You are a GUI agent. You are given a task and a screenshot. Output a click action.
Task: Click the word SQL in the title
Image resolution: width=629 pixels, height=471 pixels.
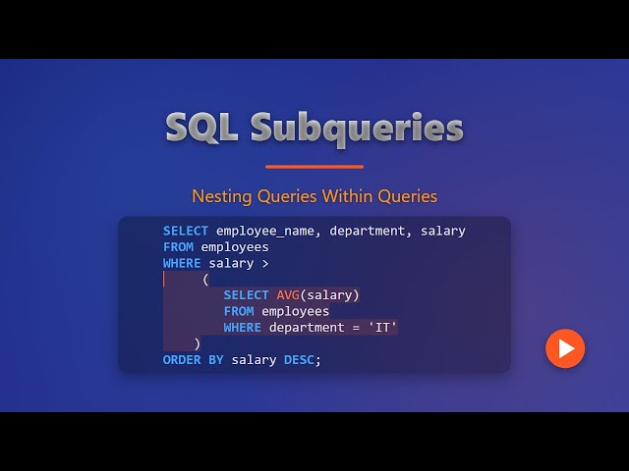[x=201, y=128]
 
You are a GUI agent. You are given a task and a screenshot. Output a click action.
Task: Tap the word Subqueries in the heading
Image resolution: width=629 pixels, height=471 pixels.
[x=356, y=129]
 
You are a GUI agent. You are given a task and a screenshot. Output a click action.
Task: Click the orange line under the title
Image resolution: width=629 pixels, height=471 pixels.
[x=314, y=167]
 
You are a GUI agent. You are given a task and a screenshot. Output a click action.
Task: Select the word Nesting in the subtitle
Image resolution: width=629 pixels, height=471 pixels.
[x=222, y=196]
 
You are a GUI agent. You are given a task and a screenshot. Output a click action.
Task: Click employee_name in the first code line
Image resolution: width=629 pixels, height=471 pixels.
[x=268, y=231]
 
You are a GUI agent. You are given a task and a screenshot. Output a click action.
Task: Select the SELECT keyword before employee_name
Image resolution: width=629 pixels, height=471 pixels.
[x=186, y=231]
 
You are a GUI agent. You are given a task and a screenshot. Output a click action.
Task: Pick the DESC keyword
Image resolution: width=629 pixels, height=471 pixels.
[x=299, y=360]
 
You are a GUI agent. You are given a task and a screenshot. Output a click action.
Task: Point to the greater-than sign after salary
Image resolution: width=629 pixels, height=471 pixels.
[x=265, y=263]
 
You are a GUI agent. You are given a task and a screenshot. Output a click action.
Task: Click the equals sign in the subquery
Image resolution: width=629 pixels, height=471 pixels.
[x=356, y=328]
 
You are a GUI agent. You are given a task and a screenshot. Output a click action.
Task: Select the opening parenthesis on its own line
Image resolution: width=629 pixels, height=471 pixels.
[x=205, y=280]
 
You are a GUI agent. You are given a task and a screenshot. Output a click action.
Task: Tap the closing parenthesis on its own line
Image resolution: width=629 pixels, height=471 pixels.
[x=198, y=343]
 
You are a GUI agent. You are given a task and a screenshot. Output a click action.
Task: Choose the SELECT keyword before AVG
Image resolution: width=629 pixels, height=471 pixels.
[x=246, y=295]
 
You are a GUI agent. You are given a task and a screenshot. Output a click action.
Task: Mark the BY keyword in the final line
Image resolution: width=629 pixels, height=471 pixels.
[x=216, y=360]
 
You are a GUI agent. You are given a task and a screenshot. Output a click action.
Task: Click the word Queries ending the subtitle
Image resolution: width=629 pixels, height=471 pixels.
[x=408, y=196]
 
